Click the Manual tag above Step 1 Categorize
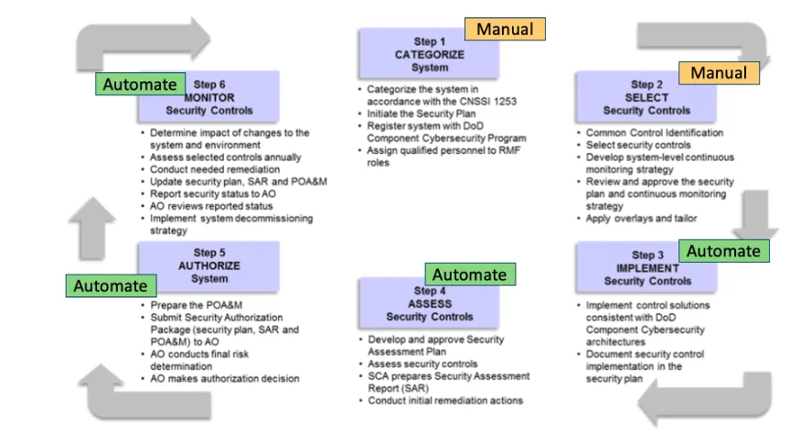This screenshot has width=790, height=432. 505,29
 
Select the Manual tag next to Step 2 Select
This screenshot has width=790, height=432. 718,73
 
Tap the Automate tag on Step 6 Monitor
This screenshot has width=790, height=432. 140,84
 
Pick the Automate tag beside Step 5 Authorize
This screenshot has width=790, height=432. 111,286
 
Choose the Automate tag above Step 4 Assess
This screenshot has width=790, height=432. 469,274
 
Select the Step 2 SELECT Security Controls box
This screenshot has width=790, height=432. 646,98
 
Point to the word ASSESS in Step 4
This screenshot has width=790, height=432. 430,304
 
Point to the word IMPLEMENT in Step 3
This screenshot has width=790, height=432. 646,268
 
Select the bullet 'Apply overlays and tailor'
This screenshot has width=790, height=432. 641,218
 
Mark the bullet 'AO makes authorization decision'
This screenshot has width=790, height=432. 224,378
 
